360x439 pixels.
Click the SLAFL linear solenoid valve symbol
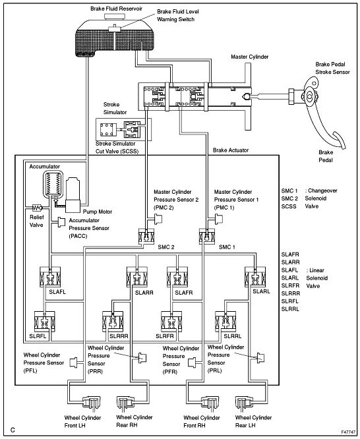point(50,277)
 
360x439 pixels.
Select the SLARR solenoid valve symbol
point(137,277)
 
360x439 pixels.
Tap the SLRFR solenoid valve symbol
point(171,322)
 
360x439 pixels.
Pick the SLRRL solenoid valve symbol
point(225,322)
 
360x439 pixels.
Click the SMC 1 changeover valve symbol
point(207,236)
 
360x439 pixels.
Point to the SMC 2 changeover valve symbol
point(146,236)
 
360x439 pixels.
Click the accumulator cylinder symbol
point(53,184)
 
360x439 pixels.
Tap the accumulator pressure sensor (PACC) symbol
point(61,221)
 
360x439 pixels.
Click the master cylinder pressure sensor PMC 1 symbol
point(219,219)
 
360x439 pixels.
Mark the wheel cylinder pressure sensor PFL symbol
point(73,363)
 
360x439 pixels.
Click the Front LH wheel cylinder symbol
point(90,403)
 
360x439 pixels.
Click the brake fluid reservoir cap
point(115,16)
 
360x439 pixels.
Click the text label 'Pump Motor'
point(98,212)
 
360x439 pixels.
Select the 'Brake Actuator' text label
point(231,150)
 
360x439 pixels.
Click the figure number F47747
point(348,432)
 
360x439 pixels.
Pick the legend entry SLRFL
point(290,301)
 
